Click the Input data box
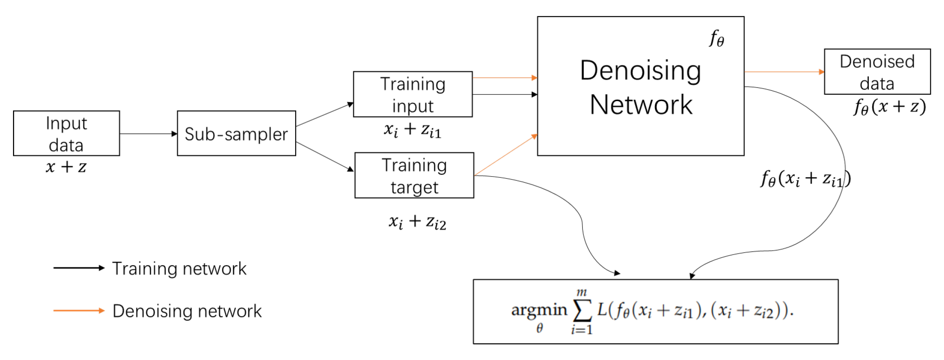pos(66,133)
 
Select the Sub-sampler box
pos(236,133)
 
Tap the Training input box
pos(413,94)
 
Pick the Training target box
pos(414,175)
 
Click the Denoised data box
pos(877,71)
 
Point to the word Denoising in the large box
pos(640,71)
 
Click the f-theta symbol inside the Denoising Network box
pos(716,39)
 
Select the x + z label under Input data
pos(66,167)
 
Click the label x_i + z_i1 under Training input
pos(412,130)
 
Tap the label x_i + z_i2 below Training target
pos(417,222)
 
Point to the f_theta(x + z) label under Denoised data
pos(889,107)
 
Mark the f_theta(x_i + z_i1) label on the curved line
pos(805,179)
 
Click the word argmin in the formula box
pos(539,310)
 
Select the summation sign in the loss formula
pos(582,311)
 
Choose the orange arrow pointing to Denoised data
pos(784,72)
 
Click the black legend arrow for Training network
pos(79,268)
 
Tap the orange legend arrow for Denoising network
pos(79,311)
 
